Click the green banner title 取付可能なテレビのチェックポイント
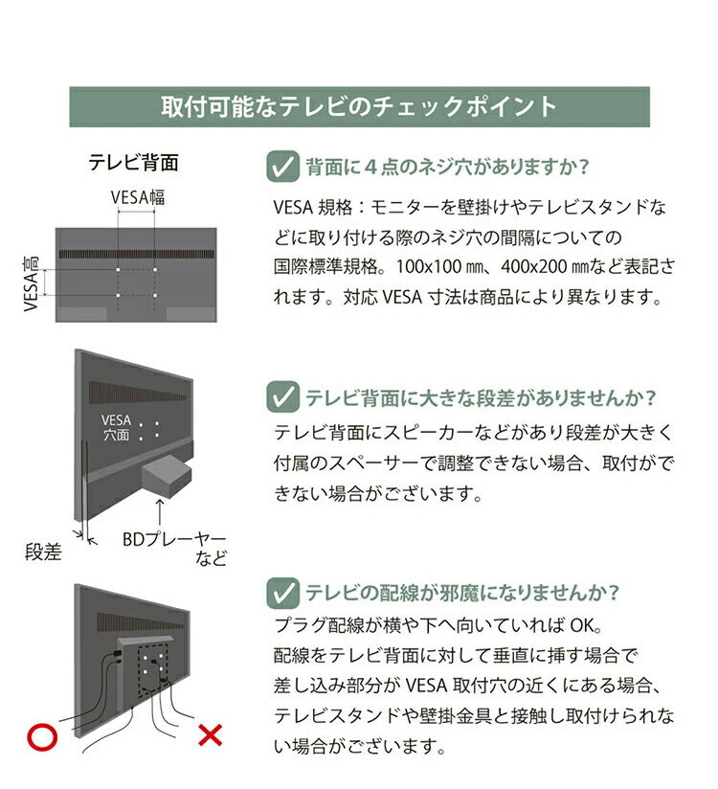coord(359,106)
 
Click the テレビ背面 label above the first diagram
coord(133,163)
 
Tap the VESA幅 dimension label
coord(138,197)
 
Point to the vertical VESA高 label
coord(30,282)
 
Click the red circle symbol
coord(40,736)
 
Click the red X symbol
coord(209,735)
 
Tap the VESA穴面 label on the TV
coord(115,428)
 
